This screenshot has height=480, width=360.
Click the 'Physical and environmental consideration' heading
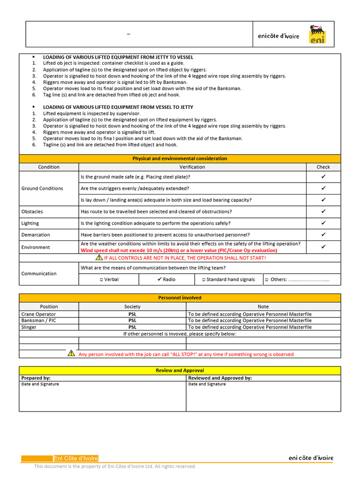(180, 158)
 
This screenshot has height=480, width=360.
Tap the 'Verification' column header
(192, 167)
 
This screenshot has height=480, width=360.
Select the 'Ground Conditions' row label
(42, 188)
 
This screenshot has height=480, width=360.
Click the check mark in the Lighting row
(323, 223)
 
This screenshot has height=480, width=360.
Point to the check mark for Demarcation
(323, 234)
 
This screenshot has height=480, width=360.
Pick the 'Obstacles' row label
(32, 211)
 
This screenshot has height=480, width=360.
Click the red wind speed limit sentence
(179, 250)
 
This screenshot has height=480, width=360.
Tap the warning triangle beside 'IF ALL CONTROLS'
(99, 257)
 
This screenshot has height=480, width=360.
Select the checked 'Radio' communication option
(166, 279)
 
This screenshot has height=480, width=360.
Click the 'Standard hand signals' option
(228, 279)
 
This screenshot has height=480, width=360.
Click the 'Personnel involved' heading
(180, 298)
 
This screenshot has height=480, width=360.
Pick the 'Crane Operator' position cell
(38, 314)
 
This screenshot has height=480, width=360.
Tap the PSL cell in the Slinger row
(132, 327)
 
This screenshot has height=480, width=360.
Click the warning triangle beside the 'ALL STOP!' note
(71, 353)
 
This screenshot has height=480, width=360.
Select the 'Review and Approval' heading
(180, 370)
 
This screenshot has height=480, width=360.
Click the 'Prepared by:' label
(36, 378)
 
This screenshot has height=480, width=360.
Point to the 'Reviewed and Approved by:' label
(220, 378)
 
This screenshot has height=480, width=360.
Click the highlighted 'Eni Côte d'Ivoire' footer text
(76, 458)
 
